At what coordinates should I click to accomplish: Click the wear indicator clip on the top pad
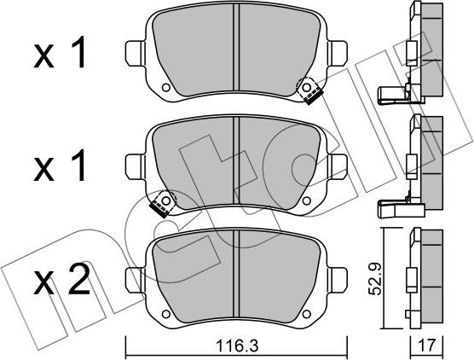(x=308, y=90)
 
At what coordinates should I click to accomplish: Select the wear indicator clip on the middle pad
(x=159, y=204)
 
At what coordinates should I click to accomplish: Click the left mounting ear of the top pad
(x=134, y=52)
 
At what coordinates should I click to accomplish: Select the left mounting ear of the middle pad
(x=134, y=164)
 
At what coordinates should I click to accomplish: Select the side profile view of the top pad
(x=418, y=51)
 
